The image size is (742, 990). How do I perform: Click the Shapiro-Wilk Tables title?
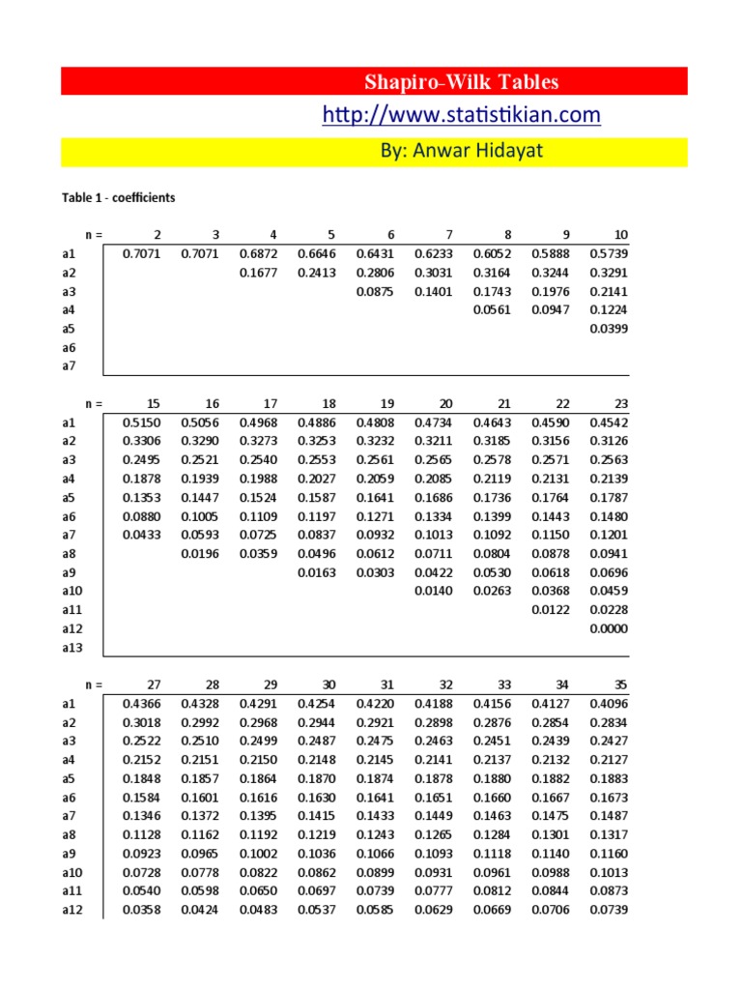(460, 81)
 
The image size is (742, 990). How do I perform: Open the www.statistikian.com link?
(461, 115)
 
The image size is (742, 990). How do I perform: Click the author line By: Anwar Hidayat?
(460, 152)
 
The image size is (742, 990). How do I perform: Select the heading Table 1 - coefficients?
(119, 197)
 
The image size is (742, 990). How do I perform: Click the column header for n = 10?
(620, 235)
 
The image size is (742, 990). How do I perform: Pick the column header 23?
(620, 403)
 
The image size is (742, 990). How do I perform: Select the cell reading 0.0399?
(609, 329)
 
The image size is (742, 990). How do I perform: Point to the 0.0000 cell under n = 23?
(609, 628)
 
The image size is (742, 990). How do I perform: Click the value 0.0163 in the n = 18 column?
(318, 572)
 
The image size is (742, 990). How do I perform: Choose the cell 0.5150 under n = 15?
(142, 422)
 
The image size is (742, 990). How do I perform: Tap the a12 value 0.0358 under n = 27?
(142, 910)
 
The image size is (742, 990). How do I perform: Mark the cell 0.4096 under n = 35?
(609, 704)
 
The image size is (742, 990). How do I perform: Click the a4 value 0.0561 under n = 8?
(492, 310)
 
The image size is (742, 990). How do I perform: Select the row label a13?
(74, 648)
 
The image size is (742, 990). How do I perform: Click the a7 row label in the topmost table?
(68, 366)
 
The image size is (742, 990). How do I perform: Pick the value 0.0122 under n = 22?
(551, 610)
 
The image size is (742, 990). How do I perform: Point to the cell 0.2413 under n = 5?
(318, 273)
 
